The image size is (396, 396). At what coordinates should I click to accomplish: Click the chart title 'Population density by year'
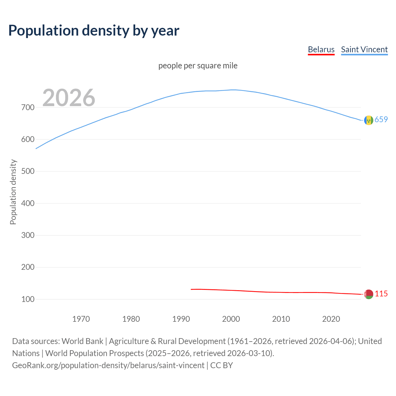click(94, 31)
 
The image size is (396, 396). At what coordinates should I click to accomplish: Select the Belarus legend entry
click(321, 49)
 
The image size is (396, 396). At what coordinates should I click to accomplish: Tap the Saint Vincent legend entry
click(364, 49)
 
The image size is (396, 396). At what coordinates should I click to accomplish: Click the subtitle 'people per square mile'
click(198, 66)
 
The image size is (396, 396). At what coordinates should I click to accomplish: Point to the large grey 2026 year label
click(69, 98)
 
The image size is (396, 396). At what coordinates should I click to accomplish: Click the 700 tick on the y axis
click(28, 108)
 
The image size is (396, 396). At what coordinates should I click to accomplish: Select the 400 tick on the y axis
click(28, 203)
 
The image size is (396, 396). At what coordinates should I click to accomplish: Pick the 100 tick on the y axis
click(28, 299)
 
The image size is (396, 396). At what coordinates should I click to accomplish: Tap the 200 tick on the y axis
click(28, 267)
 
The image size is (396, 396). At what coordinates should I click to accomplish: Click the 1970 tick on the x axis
click(81, 319)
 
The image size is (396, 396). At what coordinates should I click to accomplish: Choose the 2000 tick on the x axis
click(231, 319)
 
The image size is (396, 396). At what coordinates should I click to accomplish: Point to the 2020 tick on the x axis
click(331, 319)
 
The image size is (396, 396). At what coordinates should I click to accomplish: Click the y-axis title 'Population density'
click(13, 192)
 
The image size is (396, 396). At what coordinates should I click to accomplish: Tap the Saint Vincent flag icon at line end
click(368, 120)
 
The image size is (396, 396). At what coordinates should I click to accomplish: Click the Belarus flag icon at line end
click(368, 294)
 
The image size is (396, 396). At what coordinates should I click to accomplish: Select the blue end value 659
click(381, 119)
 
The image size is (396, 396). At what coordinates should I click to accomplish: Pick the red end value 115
click(381, 294)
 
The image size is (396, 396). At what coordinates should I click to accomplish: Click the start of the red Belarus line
click(192, 289)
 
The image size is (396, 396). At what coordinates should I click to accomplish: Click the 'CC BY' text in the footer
click(222, 365)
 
